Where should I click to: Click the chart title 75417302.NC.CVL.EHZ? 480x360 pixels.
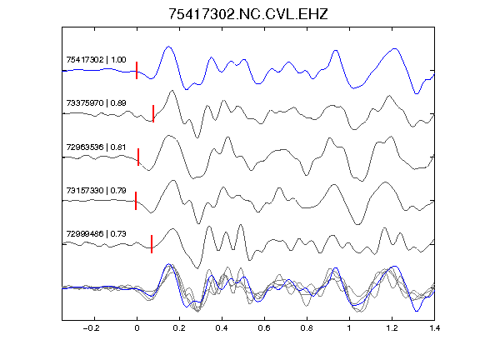[x=248, y=14]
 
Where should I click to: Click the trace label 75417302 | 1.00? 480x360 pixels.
[x=96, y=59]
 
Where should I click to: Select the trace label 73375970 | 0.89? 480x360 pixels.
[x=96, y=102]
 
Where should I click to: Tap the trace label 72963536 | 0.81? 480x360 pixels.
[x=96, y=147]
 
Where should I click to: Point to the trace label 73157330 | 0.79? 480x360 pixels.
[x=96, y=190]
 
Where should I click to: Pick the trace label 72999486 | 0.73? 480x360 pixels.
[x=96, y=234]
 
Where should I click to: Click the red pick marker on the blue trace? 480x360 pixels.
[x=137, y=70]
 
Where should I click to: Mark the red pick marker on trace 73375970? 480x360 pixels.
[x=153, y=113]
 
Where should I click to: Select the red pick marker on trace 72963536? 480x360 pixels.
[x=138, y=157]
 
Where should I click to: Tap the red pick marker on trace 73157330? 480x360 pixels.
[x=136, y=201]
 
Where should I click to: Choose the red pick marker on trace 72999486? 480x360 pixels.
[x=152, y=244]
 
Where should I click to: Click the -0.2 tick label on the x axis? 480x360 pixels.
[x=91, y=328]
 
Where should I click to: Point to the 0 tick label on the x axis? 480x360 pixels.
[x=137, y=328]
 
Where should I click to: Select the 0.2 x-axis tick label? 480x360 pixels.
[x=179, y=328]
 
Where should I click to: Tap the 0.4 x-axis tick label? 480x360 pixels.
[x=222, y=328]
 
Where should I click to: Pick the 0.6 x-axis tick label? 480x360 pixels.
[x=264, y=328]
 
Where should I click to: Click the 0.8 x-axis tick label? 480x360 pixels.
[x=307, y=328]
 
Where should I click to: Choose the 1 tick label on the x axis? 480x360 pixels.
[x=349, y=328]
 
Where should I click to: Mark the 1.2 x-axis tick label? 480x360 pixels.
[x=392, y=328]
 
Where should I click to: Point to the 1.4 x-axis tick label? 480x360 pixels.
[x=434, y=328]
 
